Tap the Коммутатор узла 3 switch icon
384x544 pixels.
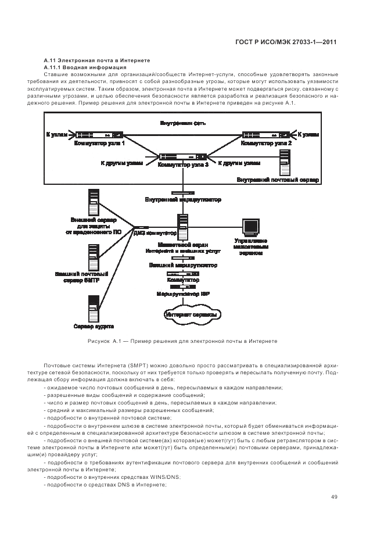(x=184, y=156)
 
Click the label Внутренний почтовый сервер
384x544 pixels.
(x=278, y=180)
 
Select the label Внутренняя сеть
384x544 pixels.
(x=183, y=123)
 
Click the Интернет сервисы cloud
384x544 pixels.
(x=192, y=315)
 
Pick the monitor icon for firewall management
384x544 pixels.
(x=250, y=227)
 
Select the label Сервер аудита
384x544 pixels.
(x=94, y=325)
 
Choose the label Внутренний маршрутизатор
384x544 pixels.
(x=183, y=199)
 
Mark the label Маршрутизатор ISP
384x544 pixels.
(x=183, y=294)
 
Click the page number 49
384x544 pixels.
(x=334, y=496)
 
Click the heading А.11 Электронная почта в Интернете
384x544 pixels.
(x=97, y=60)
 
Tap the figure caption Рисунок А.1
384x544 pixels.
(x=182, y=341)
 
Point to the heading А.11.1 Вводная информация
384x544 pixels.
(x=85, y=67)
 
